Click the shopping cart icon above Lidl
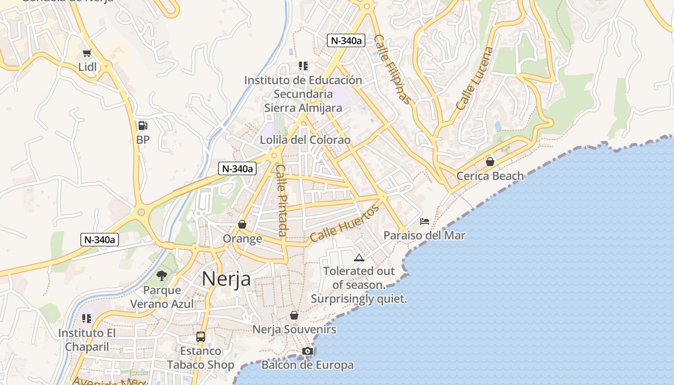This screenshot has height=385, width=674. coord(87,53)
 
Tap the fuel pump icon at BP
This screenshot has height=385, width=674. coord(143,126)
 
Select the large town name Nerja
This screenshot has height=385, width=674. coord(226,279)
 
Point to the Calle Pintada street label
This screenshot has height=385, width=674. coord(282,200)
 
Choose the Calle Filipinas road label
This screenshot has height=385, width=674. coord(393,69)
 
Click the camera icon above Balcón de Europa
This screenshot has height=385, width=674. coord(308,351)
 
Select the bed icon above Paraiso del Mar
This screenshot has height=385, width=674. coord(425,221)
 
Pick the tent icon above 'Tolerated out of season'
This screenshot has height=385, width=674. coord(359,257)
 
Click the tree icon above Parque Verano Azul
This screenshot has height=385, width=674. coord(162,276)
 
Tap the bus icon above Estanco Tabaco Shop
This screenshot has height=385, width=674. coord(201,337)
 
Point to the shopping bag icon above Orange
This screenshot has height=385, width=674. coord(242,224)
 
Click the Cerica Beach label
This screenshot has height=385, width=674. coord(490,176)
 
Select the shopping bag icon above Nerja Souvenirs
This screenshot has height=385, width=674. coord(294,315)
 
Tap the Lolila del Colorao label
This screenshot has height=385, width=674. coord(305,140)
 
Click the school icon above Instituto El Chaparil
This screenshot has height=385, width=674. coord(87,319)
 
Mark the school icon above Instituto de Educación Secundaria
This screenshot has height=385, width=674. coord(303,65)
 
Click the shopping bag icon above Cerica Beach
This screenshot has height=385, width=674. coord(490,162)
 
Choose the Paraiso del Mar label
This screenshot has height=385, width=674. coord(424,235)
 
